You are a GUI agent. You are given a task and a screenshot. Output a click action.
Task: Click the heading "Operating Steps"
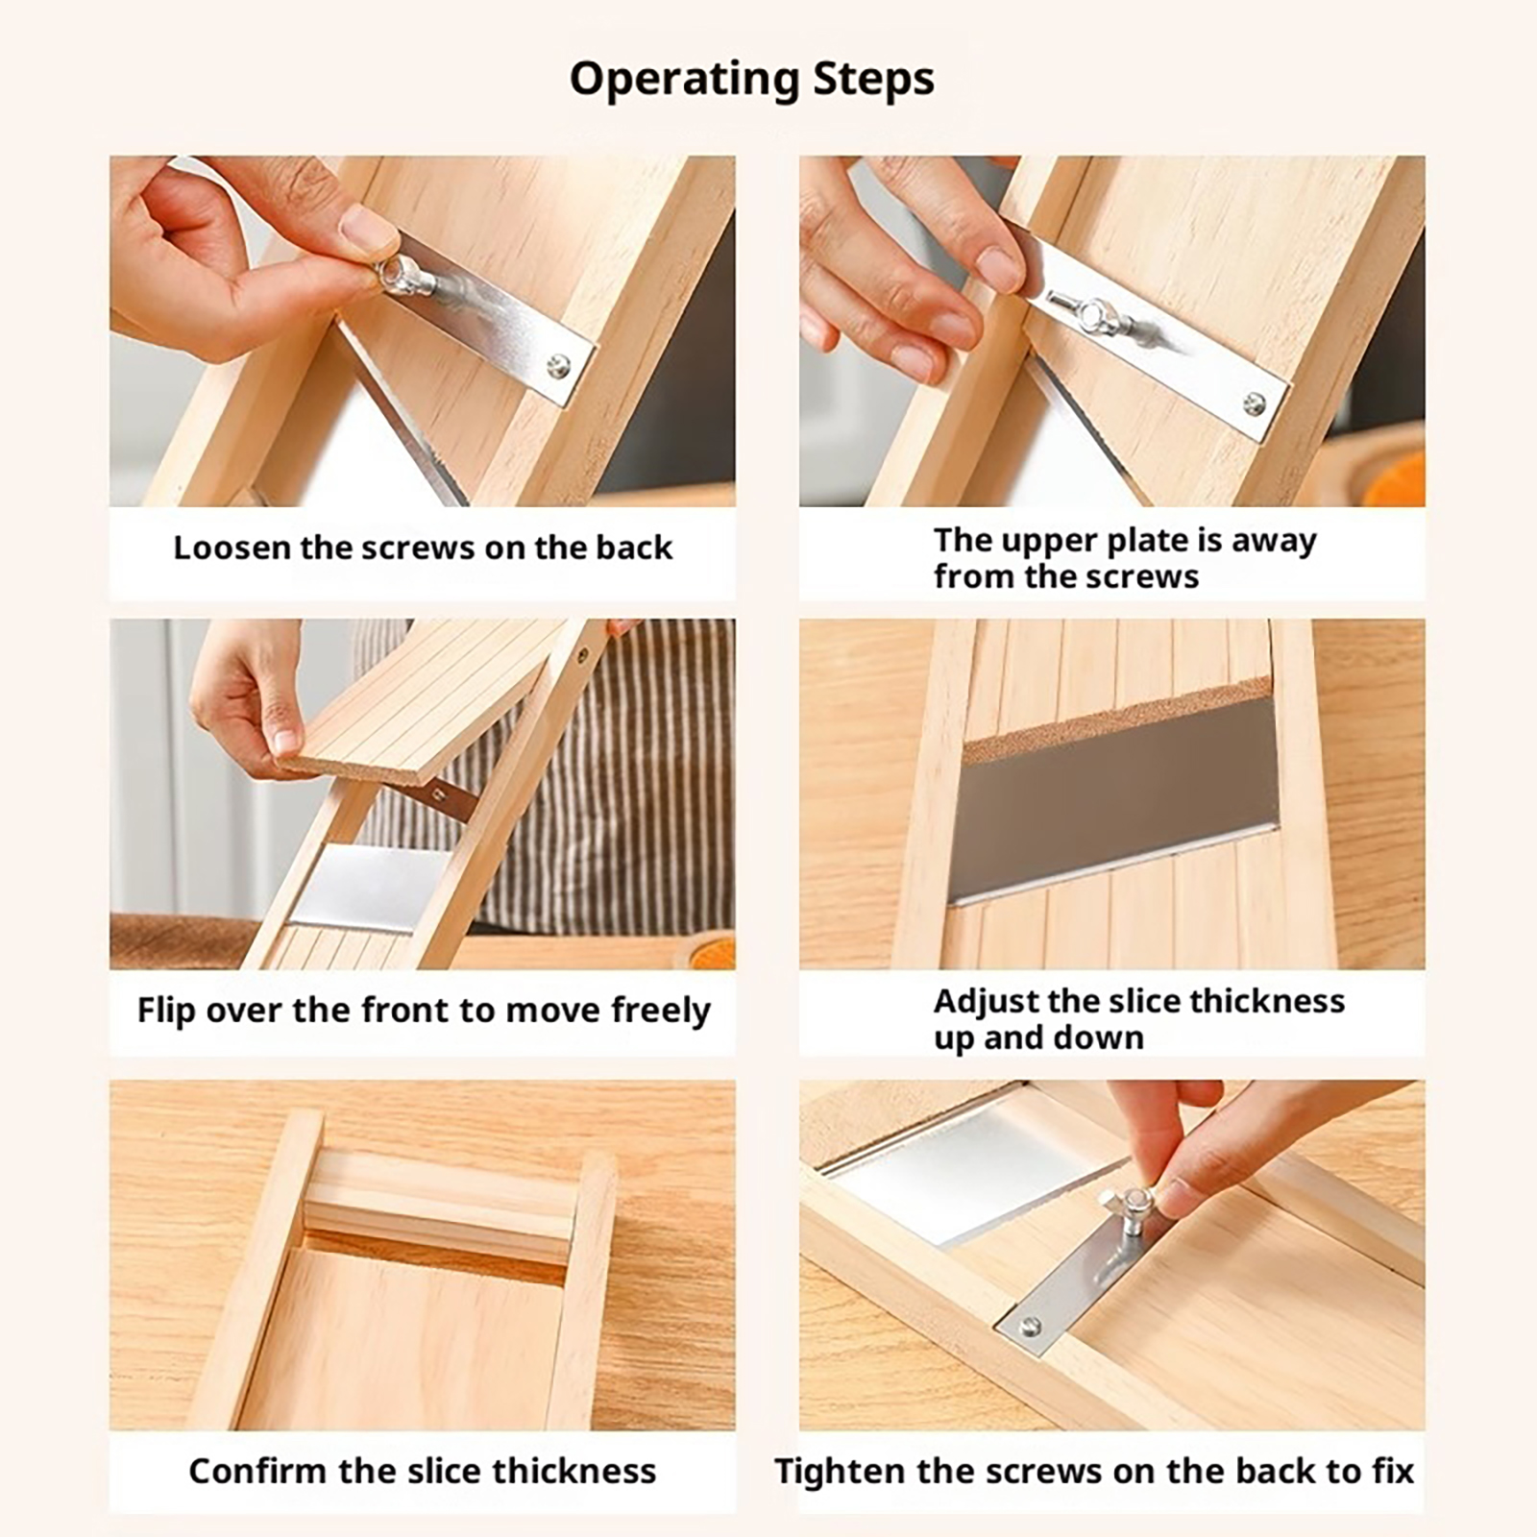click(751, 79)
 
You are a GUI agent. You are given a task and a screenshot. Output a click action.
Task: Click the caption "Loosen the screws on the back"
click(423, 548)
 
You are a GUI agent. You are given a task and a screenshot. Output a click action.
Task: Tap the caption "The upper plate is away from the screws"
click(1125, 558)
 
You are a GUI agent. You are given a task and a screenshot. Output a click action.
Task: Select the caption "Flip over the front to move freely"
click(424, 1011)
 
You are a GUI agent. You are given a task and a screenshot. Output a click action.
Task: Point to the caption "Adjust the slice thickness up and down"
click(1139, 1019)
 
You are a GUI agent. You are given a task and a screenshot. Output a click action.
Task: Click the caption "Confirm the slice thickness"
click(423, 1471)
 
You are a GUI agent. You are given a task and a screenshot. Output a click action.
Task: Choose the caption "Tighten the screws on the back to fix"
click(1094, 1471)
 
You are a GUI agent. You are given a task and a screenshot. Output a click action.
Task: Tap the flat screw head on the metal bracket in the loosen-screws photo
click(557, 365)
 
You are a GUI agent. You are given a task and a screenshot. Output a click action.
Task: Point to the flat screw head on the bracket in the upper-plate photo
click(1254, 403)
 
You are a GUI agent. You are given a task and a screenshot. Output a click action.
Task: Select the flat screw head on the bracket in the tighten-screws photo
click(1031, 1327)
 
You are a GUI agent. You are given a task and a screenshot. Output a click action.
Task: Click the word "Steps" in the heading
click(873, 79)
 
